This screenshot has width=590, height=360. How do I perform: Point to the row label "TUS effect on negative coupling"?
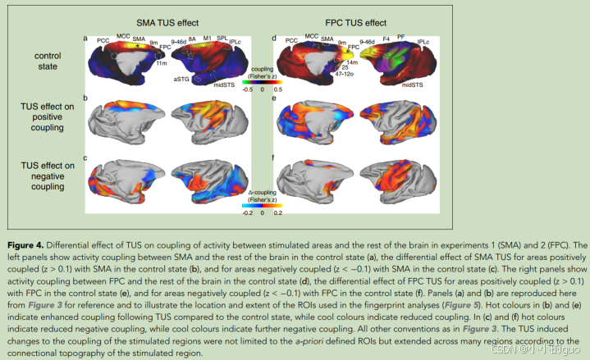pyautogui.click(x=48, y=175)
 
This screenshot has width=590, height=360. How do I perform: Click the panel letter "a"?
pyautogui.click(x=85, y=38)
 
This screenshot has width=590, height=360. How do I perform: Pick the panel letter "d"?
pyautogui.click(x=273, y=38)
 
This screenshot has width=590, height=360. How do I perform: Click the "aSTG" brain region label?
pyautogui.click(x=181, y=79)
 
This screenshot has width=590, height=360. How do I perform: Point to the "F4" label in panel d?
pyautogui.click(x=386, y=39)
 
